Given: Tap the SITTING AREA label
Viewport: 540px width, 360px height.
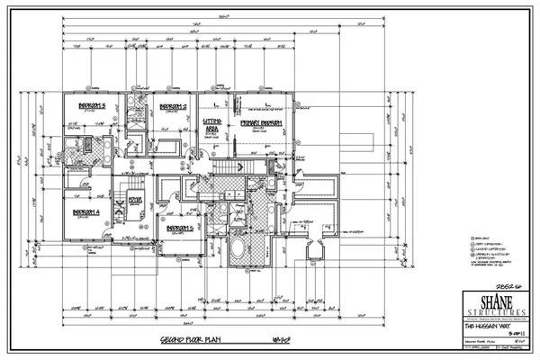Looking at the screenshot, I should pyautogui.click(x=213, y=124).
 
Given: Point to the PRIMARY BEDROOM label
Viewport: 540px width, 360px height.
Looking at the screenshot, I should pyautogui.click(x=262, y=122).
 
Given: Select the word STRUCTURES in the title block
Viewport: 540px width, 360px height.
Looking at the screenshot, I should pyautogui.click(x=490, y=313).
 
